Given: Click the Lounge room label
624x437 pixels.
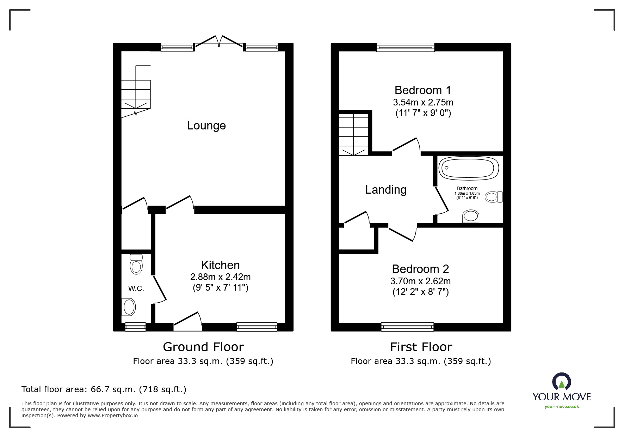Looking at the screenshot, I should [x=206, y=126].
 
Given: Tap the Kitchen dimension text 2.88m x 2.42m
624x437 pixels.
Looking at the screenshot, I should [x=220, y=277].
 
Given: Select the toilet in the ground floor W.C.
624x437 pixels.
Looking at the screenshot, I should [x=136, y=264].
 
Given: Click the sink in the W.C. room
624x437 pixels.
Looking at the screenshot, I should [x=129, y=307].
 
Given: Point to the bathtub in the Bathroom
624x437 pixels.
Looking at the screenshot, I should [x=468, y=168].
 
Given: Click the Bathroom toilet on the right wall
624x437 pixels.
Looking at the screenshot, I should [x=494, y=197].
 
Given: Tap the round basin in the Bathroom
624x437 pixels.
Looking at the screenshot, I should [x=471, y=216].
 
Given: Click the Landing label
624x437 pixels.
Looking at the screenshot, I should [x=386, y=190].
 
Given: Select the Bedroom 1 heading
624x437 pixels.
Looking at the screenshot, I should [x=422, y=90].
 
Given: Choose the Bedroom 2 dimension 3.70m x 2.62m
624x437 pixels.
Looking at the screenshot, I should [x=420, y=281].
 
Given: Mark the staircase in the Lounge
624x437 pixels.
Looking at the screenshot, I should [x=136, y=94].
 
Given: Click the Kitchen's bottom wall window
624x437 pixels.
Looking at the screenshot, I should [x=257, y=327].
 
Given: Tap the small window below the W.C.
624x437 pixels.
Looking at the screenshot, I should [x=136, y=327].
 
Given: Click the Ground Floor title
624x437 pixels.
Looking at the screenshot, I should [x=203, y=347].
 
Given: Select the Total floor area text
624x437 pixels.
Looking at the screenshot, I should [x=104, y=389].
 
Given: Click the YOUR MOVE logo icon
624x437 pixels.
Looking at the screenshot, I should [x=561, y=382].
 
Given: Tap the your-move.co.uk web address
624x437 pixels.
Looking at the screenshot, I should [x=562, y=407].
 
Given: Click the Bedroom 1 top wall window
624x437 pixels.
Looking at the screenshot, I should [x=405, y=47].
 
